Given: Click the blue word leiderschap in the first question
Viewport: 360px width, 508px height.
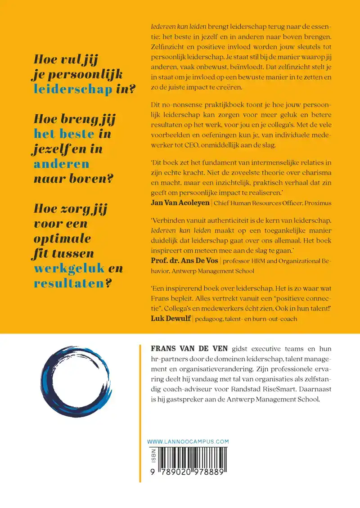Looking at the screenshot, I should point(73,89).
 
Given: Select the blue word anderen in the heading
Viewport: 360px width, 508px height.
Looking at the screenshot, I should point(61,164).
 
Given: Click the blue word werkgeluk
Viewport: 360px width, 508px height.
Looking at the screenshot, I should point(70,269).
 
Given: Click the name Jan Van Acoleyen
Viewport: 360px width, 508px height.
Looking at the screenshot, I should point(180,202).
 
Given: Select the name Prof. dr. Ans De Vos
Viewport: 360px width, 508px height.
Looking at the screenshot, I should point(184,261).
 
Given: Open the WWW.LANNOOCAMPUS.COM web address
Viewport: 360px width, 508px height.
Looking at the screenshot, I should point(188,441).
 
